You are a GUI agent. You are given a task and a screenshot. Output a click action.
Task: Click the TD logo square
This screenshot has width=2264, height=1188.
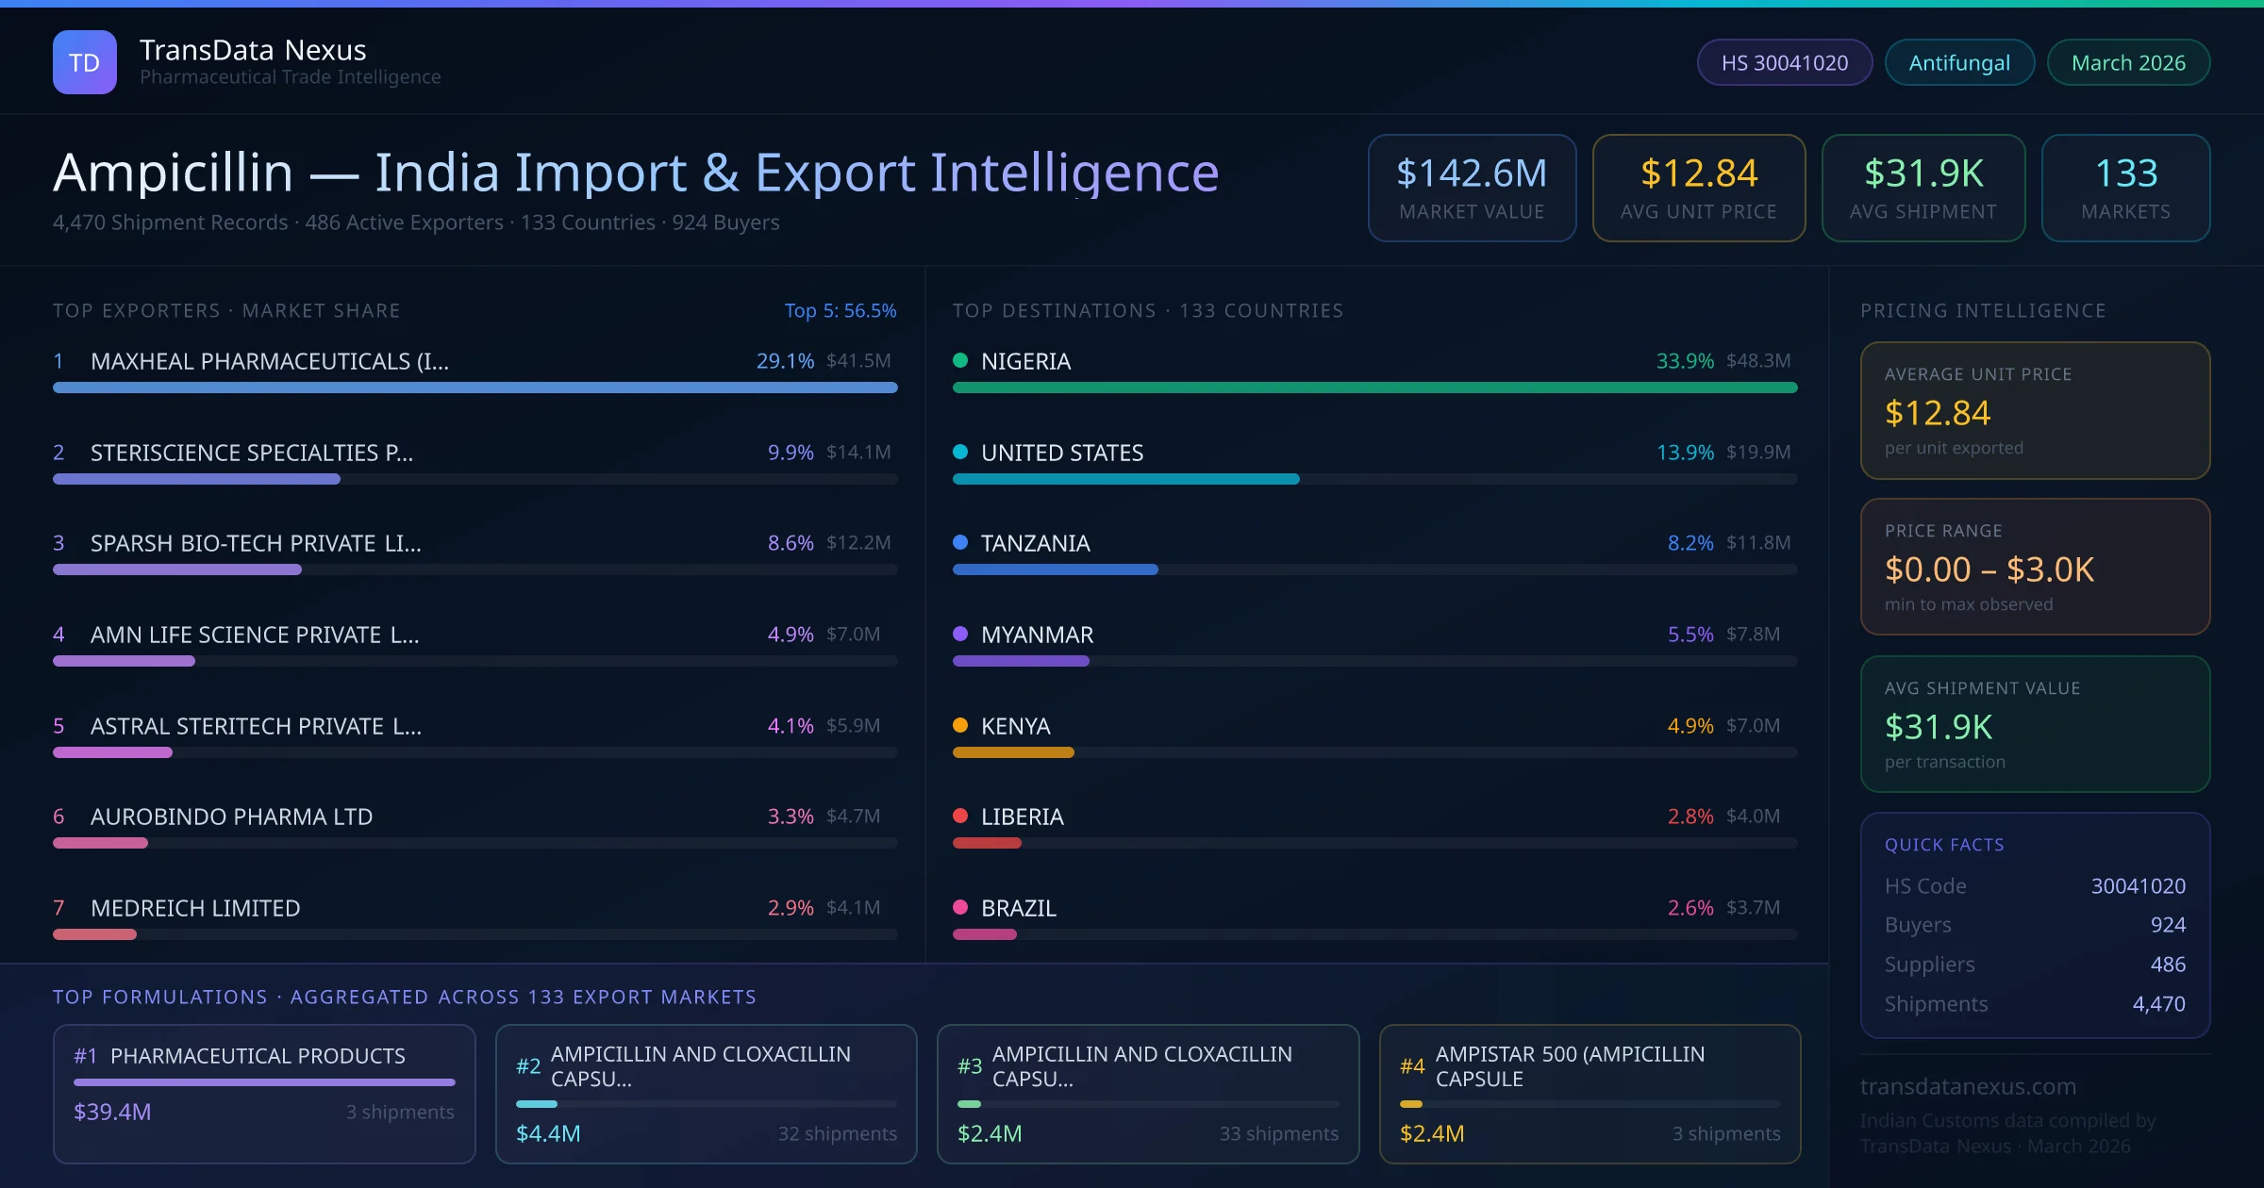(x=85, y=62)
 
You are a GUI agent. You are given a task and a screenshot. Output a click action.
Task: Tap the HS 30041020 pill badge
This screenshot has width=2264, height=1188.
(x=1784, y=62)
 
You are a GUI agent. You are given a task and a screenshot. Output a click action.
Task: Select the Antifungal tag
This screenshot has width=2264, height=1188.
(x=1959, y=62)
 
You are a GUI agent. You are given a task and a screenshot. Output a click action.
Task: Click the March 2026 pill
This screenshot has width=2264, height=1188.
(x=2128, y=62)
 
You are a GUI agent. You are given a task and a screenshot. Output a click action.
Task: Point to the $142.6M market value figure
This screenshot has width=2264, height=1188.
(x=1472, y=173)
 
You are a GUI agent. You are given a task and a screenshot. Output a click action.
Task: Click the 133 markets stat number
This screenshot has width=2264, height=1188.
(x=2126, y=173)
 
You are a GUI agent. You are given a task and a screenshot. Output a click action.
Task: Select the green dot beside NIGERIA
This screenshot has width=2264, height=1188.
(x=960, y=360)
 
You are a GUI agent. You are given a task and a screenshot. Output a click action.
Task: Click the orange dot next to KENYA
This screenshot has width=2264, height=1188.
(x=960, y=725)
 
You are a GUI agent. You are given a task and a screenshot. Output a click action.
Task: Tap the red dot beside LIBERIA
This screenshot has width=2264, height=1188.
(x=960, y=816)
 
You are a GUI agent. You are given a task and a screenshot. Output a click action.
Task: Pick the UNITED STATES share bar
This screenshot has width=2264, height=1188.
(x=1125, y=479)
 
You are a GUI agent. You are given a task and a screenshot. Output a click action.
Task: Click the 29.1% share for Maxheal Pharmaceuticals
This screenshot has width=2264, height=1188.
(x=785, y=361)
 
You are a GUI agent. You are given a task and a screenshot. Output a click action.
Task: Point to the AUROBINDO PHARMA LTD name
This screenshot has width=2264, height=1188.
(x=231, y=817)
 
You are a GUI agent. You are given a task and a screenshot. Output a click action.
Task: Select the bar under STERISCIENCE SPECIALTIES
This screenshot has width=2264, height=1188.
(x=196, y=479)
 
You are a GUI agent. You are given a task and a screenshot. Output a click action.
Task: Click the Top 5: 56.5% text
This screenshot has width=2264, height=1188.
(x=841, y=310)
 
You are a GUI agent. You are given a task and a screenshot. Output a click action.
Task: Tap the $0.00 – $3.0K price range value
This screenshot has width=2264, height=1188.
(x=1989, y=569)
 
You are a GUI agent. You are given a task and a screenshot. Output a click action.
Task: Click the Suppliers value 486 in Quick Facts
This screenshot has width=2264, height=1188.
(x=2168, y=965)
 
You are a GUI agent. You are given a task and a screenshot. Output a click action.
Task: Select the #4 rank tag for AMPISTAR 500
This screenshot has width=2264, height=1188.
(x=1412, y=1066)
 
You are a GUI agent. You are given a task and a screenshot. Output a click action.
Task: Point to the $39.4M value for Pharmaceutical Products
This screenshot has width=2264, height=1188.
(x=112, y=1112)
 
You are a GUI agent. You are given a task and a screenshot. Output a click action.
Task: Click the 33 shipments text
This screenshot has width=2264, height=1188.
(x=1278, y=1133)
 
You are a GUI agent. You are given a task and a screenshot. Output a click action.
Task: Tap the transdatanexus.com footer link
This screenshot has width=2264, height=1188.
(x=1968, y=1086)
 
